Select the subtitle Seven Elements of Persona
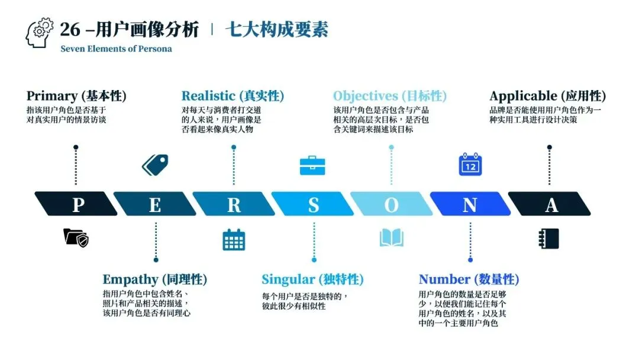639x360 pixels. pyautogui.click(x=116, y=49)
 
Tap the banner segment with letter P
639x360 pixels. pyautogui.click(x=77, y=204)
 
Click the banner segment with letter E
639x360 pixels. pyautogui.click(x=155, y=204)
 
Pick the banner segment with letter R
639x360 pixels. pyautogui.click(x=234, y=204)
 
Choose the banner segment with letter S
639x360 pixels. pyautogui.click(x=313, y=204)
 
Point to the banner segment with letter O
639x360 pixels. pyautogui.click(x=391, y=204)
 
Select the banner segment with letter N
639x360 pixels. pyautogui.click(x=470, y=204)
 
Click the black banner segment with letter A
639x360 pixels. pyautogui.click(x=550, y=204)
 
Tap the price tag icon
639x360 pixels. pyautogui.click(x=155, y=165)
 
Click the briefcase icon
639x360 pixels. pyautogui.click(x=312, y=165)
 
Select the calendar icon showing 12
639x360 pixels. pyautogui.click(x=470, y=165)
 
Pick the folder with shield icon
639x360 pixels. pyautogui.click(x=76, y=238)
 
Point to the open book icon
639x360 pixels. pyautogui.click(x=391, y=238)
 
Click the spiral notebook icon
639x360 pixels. pyautogui.click(x=549, y=238)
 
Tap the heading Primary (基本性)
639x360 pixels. pyautogui.click(x=76, y=96)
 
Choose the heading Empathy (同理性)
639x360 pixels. pyautogui.click(x=155, y=279)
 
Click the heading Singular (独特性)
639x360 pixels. pyautogui.click(x=312, y=279)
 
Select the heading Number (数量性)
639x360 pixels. pyautogui.click(x=469, y=279)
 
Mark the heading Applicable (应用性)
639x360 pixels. pyautogui.click(x=548, y=96)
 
